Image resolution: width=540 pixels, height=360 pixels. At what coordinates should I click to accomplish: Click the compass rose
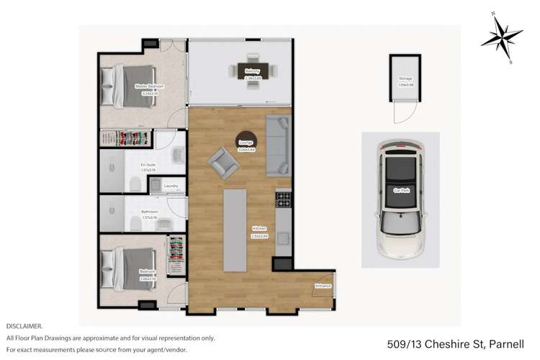502,37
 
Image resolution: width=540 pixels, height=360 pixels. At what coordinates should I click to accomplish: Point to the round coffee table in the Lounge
246,142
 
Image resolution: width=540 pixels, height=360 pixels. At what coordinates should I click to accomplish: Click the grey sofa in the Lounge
278,145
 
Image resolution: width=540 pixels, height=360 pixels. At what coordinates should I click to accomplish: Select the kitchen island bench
235,229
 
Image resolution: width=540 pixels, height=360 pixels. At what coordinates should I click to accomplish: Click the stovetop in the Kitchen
283,198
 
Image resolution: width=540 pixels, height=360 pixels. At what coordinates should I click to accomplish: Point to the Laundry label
171,186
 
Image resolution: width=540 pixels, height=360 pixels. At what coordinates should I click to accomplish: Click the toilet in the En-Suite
135,184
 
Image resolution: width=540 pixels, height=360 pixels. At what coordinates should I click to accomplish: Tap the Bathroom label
149,212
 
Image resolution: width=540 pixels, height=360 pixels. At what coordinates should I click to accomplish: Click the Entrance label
323,286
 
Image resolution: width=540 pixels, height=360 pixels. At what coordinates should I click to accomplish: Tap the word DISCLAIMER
24,326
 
